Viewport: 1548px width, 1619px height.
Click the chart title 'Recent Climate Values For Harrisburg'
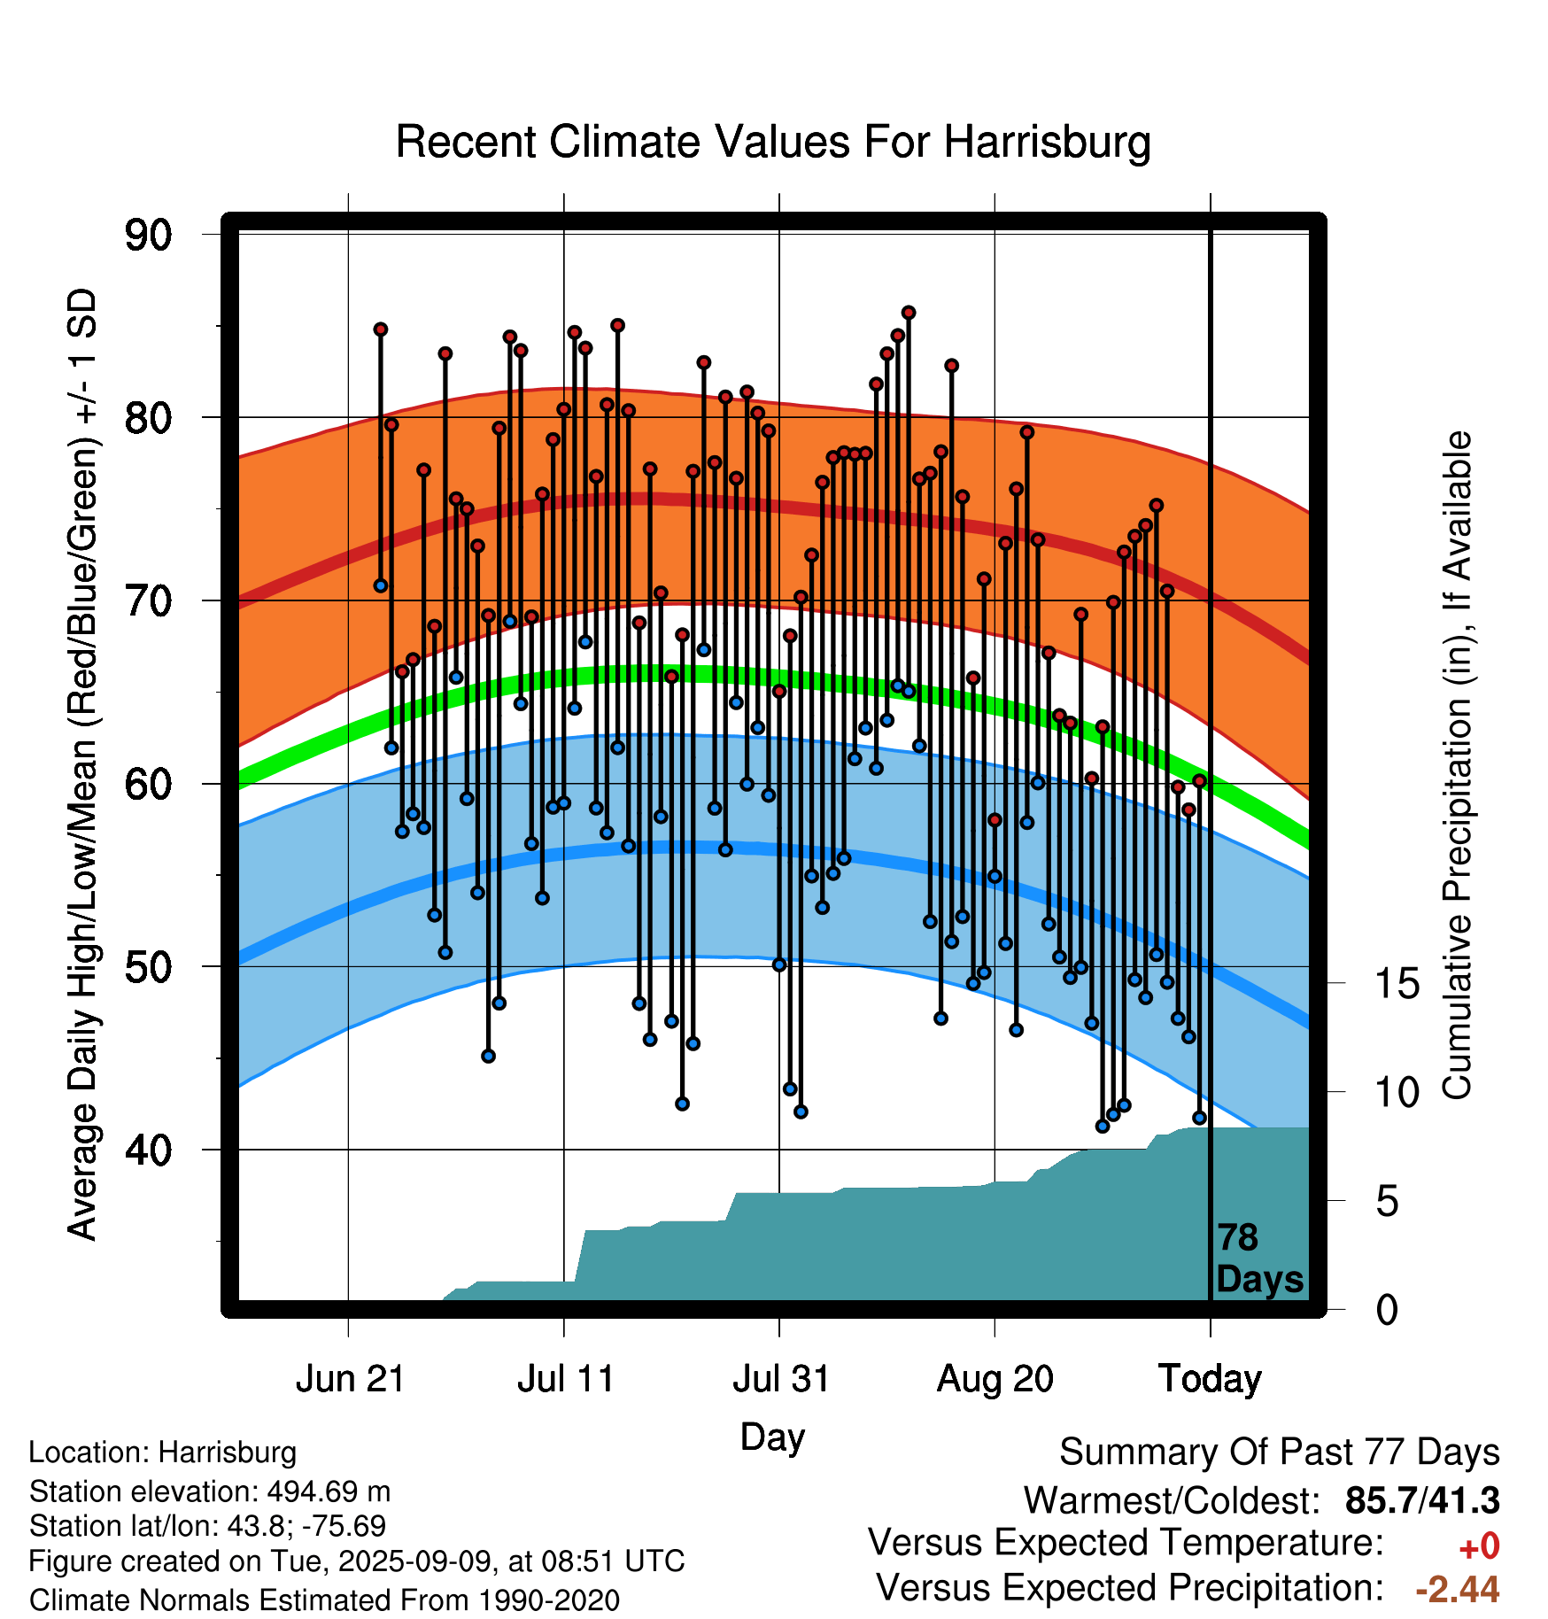[773, 143]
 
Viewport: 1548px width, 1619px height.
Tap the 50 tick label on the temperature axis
[148, 967]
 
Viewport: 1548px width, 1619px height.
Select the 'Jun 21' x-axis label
[350, 1379]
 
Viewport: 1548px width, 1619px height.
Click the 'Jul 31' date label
[781, 1379]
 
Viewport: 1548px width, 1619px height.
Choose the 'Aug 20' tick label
[995, 1379]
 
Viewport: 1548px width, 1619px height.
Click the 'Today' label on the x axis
[1211, 1379]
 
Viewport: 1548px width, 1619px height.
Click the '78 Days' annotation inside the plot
[1259, 1259]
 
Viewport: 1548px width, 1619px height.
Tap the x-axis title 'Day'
[772, 1437]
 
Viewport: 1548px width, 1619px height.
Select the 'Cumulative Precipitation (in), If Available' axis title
[1458, 765]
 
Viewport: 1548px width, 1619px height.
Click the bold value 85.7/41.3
[1422, 1500]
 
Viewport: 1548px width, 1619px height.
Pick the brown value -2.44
[1458, 1589]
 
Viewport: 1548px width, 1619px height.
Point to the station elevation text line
[210, 1491]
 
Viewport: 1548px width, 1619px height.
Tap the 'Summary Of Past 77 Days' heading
[1280, 1452]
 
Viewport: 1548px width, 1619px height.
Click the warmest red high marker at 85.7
[909, 313]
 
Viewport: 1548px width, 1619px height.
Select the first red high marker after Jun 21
[381, 329]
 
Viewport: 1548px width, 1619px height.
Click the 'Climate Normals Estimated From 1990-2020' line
[324, 1600]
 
